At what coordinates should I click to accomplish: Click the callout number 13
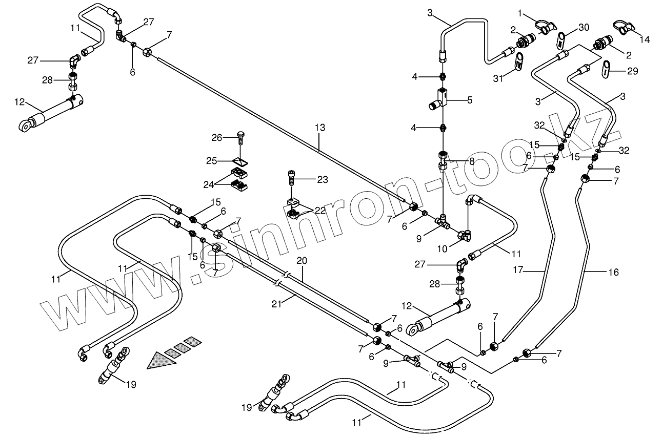(x=320, y=128)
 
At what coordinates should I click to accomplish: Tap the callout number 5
(x=470, y=100)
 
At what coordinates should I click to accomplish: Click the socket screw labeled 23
(x=292, y=177)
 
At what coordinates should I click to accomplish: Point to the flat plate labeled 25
(x=240, y=162)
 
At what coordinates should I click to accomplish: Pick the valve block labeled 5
(x=438, y=99)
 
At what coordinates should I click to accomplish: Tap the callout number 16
(x=614, y=272)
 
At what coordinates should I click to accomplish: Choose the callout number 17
(x=518, y=269)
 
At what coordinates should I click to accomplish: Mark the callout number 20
(x=302, y=260)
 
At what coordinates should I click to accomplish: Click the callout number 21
(x=276, y=304)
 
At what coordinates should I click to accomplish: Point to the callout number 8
(x=472, y=161)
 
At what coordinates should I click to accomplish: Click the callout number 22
(x=320, y=210)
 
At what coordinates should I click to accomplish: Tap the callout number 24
(x=209, y=185)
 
